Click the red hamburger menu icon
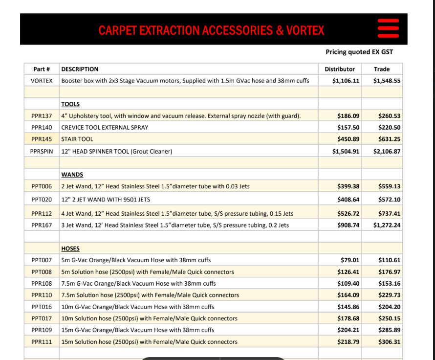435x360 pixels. [389, 29]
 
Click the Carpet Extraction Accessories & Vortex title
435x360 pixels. [211, 30]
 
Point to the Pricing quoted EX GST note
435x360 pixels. [359, 52]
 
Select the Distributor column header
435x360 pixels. [340, 69]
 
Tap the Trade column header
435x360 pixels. [382, 69]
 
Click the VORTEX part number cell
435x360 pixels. [42, 80]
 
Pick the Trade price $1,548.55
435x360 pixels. [387, 80]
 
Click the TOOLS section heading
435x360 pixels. [70, 104]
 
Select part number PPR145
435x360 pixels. [42, 139]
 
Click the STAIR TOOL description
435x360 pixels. [77, 139]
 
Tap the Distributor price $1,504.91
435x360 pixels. [346, 151]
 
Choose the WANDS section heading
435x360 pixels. [72, 175]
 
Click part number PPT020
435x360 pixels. [42, 200]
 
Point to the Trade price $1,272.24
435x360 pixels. [387, 225]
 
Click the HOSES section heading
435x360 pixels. [70, 248]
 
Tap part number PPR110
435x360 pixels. [42, 295]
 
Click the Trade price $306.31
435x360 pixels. [389, 342]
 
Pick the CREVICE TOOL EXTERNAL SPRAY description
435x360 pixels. [105, 127]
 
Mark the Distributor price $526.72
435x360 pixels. [348, 213]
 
